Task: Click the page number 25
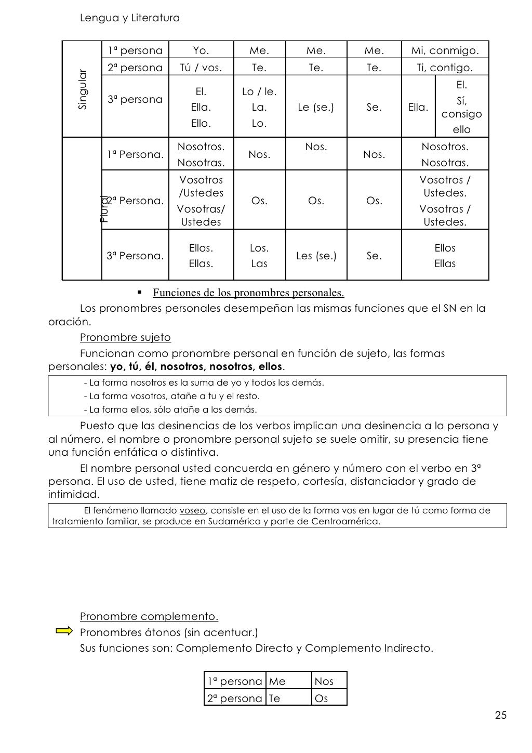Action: (x=500, y=716)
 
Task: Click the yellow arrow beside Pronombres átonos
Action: (x=64, y=631)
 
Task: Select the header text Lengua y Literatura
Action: (x=130, y=18)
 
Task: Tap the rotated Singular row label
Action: (x=83, y=89)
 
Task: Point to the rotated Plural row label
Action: (x=104, y=208)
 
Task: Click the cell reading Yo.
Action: (x=201, y=50)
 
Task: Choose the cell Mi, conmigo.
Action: (x=445, y=50)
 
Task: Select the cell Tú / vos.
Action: (x=201, y=68)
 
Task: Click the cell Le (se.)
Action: (x=315, y=108)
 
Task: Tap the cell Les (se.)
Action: (x=316, y=256)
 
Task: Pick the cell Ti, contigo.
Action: (x=445, y=68)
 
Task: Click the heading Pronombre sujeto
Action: (x=125, y=337)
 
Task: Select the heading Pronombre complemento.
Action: (x=149, y=616)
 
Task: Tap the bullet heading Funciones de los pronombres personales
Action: (x=248, y=293)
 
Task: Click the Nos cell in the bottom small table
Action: (x=324, y=681)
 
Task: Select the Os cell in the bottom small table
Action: (x=322, y=698)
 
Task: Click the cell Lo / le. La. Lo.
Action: (x=259, y=108)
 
